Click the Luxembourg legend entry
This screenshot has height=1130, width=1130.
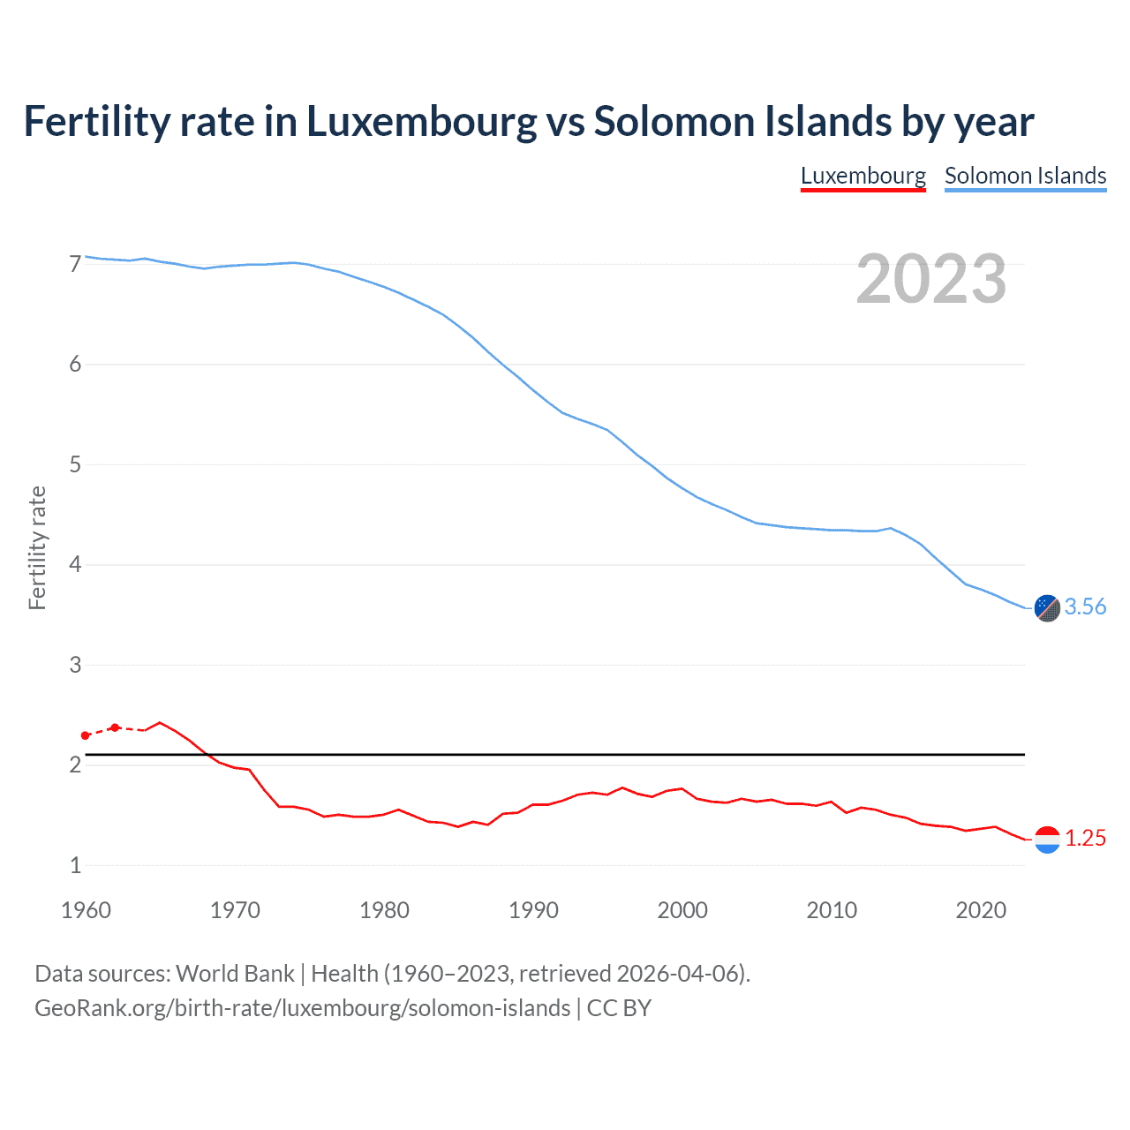tap(863, 176)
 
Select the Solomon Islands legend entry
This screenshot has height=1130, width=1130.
tap(1025, 176)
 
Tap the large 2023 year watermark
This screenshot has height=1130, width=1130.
tap(930, 279)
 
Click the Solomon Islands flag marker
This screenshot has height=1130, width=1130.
tap(1046, 607)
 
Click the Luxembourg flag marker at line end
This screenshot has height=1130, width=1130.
tap(1046, 839)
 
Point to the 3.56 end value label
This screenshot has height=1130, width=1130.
tap(1085, 606)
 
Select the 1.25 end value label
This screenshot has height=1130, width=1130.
tap(1085, 838)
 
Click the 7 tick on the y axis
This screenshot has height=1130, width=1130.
tap(75, 264)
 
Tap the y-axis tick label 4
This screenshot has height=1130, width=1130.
tap(75, 564)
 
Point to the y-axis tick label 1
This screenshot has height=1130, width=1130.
tap(75, 865)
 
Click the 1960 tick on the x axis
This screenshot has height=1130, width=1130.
tap(86, 910)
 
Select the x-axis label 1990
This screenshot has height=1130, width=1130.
tap(533, 910)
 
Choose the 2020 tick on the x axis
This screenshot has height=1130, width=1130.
tap(981, 910)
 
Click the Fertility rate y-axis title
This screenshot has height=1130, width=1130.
tap(37, 547)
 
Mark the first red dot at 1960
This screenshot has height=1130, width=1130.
tap(86, 735)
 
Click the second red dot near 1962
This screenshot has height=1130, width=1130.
tap(115, 727)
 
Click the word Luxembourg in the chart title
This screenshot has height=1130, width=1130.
tap(421, 122)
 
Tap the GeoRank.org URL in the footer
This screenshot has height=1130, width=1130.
tap(302, 1008)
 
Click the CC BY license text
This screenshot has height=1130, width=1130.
tap(619, 1008)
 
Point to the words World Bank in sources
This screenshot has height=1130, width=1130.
tap(235, 974)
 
